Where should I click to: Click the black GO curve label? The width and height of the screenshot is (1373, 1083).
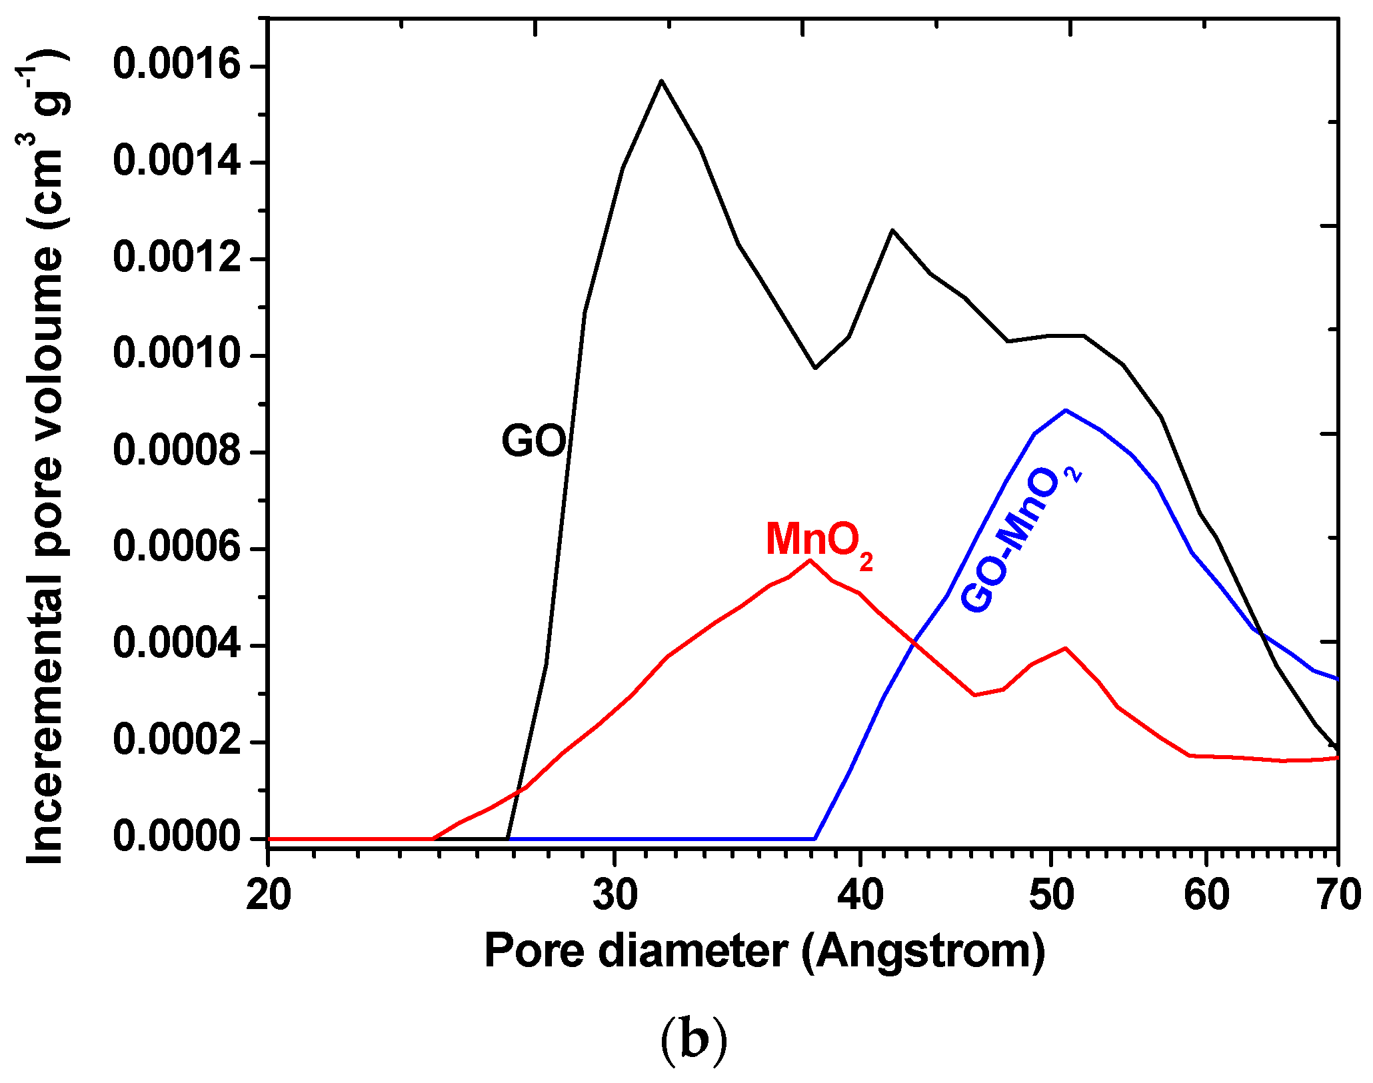(x=534, y=441)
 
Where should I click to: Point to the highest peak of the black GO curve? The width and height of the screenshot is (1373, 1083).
(x=661, y=81)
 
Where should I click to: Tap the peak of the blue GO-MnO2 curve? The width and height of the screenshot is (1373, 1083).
(x=1066, y=410)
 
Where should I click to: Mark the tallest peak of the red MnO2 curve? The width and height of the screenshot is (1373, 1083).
(x=810, y=560)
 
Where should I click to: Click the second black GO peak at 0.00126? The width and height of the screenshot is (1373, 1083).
(x=892, y=230)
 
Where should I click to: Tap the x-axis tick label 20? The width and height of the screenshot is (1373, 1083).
(x=268, y=895)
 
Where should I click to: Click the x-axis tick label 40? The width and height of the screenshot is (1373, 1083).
(x=860, y=895)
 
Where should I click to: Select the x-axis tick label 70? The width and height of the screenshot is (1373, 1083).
(x=1338, y=895)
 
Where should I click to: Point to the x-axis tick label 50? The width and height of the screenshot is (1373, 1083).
(x=1051, y=895)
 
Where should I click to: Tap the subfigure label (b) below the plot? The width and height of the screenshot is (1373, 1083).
(x=693, y=1040)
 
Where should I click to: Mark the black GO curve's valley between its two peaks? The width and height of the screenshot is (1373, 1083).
(x=815, y=368)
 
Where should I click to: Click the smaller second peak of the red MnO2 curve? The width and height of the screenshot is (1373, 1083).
(x=1066, y=648)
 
